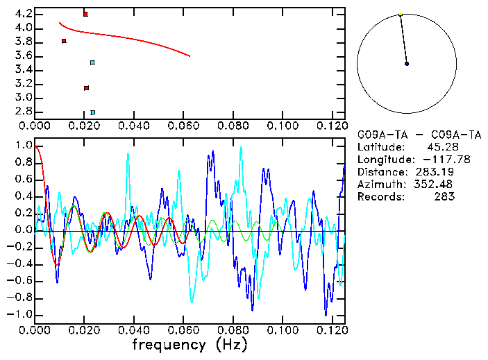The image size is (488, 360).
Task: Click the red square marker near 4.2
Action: click(85, 14)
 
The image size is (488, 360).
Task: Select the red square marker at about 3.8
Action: click(64, 41)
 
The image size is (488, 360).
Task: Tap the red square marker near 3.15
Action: click(86, 88)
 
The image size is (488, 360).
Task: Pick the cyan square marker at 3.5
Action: click(92, 62)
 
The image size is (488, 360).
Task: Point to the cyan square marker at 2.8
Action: click(92, 112)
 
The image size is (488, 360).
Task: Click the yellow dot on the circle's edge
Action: click(401, 14)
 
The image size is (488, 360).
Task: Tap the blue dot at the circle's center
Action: click(407, 64)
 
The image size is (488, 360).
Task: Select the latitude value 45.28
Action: click(440, 147)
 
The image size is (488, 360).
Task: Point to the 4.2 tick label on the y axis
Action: click(23, 14)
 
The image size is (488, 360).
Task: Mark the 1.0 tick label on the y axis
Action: click(23, 146)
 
